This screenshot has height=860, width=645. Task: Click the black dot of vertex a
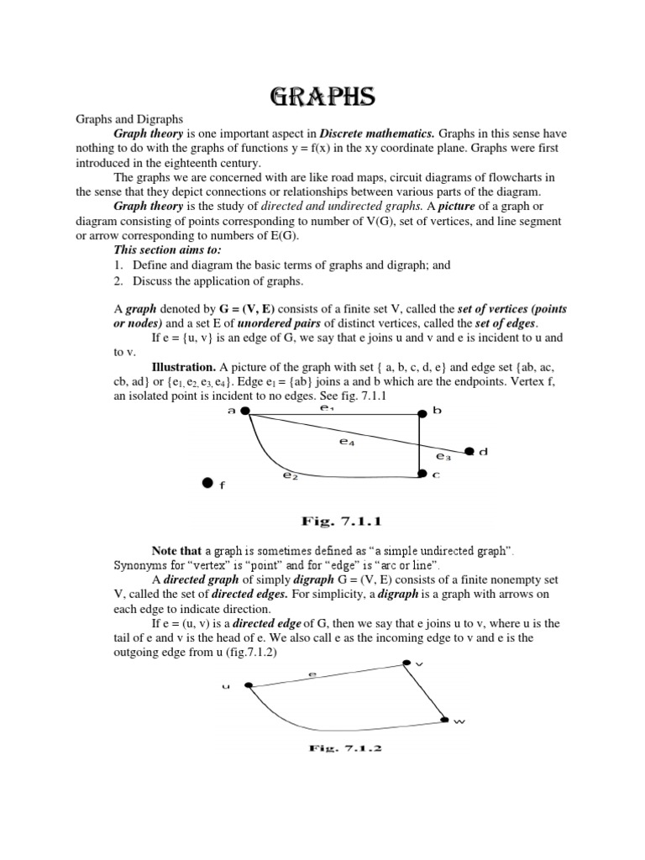[245, 412]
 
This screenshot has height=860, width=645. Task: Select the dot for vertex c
[421, 475]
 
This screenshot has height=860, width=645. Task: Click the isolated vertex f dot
[207, 484]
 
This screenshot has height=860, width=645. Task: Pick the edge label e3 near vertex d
[443, 457]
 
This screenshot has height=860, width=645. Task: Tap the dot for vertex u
[249, 686]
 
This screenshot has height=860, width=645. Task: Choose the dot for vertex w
[446, 720]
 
